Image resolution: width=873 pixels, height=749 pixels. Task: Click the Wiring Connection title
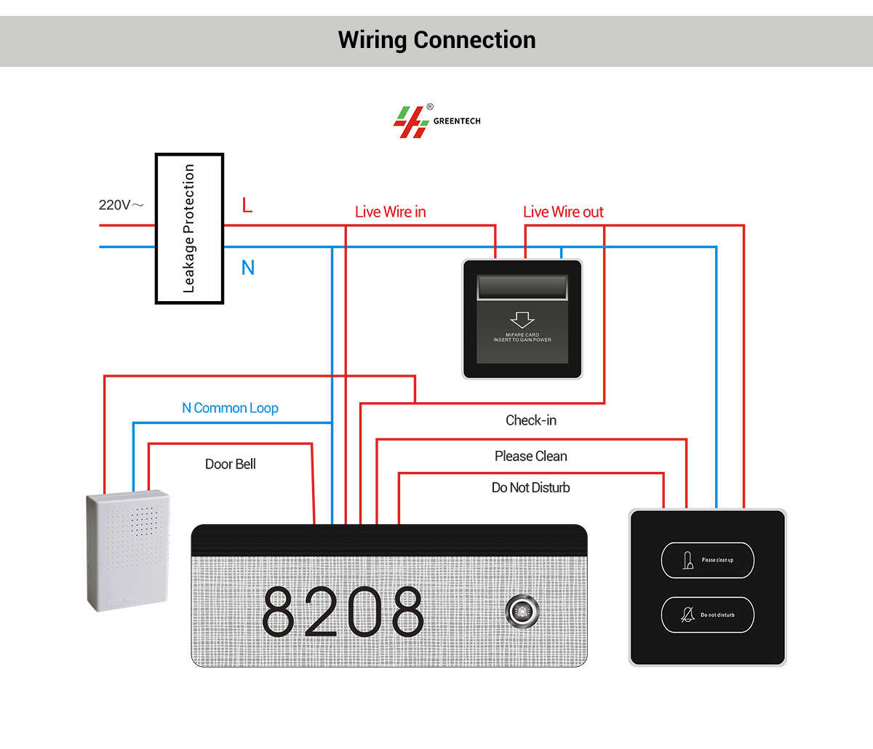[436, 40]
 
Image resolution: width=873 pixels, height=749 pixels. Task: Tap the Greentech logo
[436, 121]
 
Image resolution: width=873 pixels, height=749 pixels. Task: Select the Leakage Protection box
[189, 228]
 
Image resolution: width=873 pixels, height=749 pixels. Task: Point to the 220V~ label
[121, 205]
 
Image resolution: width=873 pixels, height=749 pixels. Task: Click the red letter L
[247, 206]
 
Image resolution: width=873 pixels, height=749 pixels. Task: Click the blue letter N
[248, 268]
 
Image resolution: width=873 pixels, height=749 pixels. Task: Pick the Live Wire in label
[390, 212]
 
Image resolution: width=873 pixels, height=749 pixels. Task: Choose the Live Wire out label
[563, 212]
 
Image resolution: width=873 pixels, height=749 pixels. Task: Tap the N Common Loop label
[230, 408]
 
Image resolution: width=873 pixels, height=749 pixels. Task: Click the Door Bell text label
[230, 464]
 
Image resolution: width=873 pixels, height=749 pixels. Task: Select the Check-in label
[531, 420]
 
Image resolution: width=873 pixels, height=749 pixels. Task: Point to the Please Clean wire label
[530, 456]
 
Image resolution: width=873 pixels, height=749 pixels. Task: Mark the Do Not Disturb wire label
[530, 488]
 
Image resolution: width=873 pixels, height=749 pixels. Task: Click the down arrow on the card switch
[522, 319]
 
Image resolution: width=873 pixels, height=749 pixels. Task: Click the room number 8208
[343, 612]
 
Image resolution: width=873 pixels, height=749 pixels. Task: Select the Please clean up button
[707, 560]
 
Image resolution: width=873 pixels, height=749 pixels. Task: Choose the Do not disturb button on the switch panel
[707, 614]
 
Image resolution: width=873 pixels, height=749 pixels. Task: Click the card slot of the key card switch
[522, 287]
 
